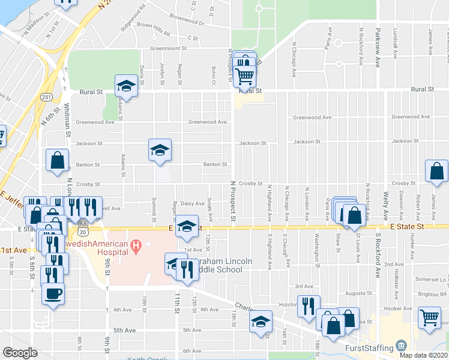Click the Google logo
[20, 353]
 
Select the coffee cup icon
[53, 294]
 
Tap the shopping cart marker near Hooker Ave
[430, 317]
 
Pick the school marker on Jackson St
[160, 150]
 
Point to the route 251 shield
[46, 97]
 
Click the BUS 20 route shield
[83, 230]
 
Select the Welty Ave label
[385, 205]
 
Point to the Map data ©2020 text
[423, 355]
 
